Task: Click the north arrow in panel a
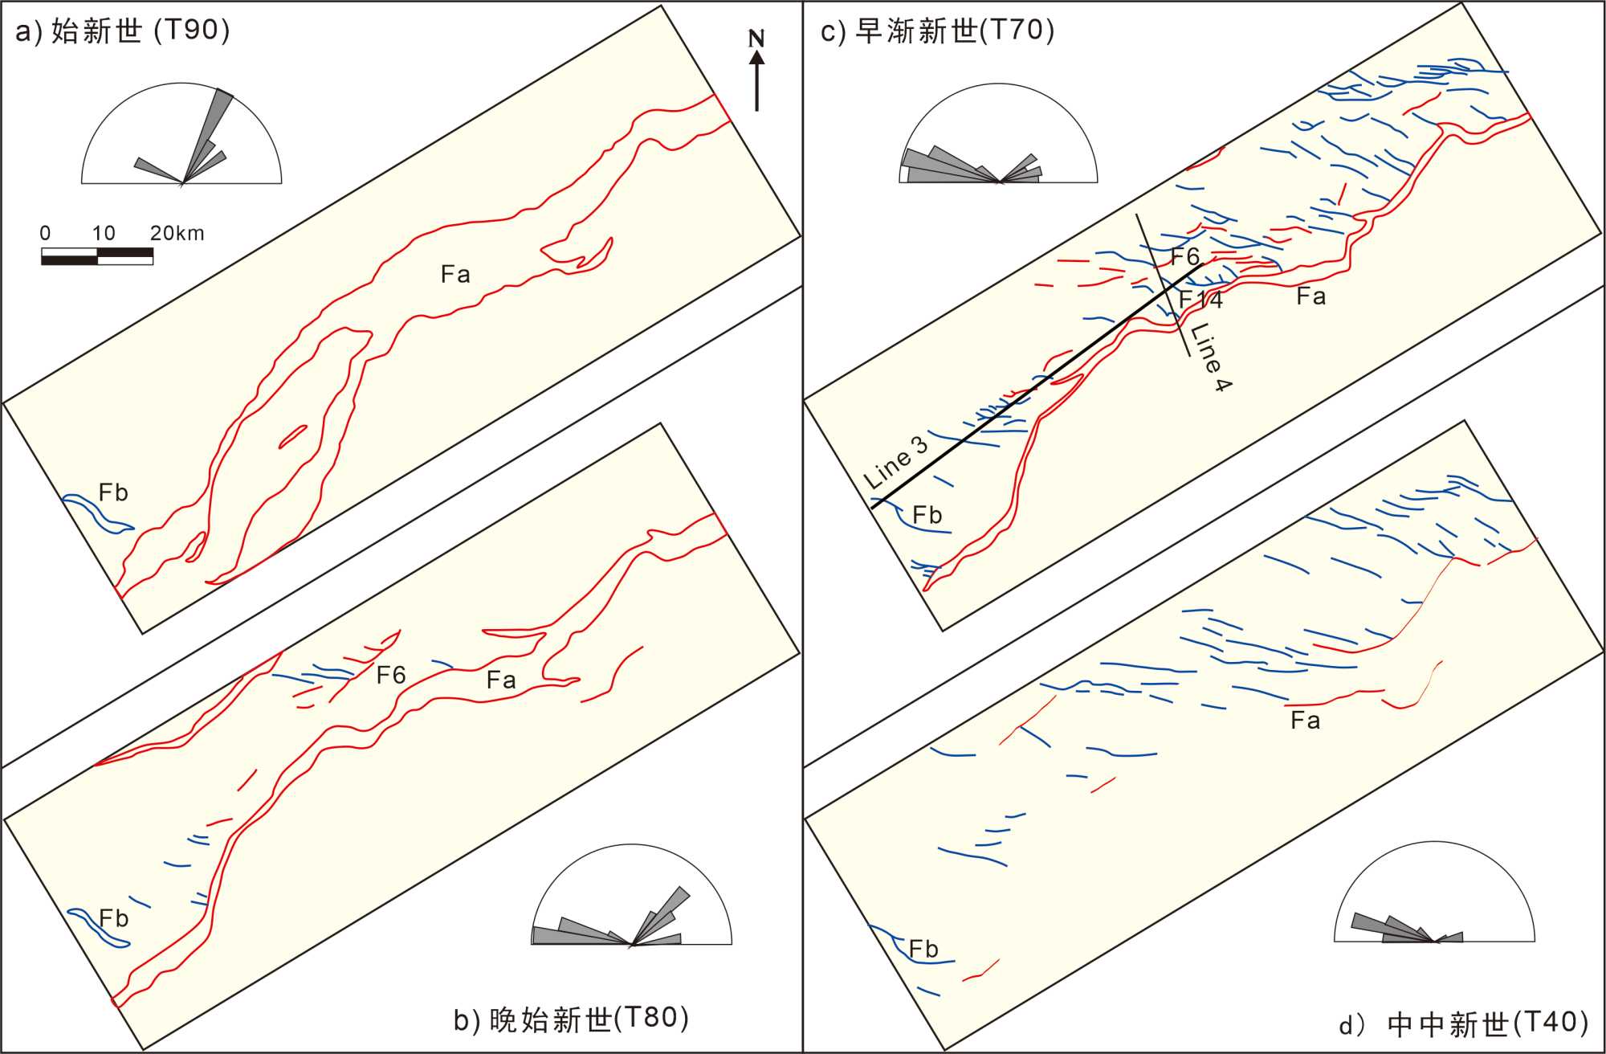(756, 80)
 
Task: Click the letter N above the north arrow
(756, 38)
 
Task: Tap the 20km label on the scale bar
(177, 233)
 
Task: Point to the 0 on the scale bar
(45, 233)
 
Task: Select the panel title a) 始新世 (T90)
(123, 31)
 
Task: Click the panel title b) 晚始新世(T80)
(571, 1019)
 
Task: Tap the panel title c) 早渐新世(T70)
(937, 31)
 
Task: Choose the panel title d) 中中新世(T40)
(1463, 1023)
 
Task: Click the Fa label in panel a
(455, 275)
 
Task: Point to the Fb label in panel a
(113, 492)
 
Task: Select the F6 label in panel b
(391, 675)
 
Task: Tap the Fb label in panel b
(113, 918)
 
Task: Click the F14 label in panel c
(1200, 300)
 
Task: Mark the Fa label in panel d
(1305, 721)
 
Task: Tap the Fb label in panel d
(923, 949)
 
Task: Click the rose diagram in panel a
(181, 136)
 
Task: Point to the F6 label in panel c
(1185, 257)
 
